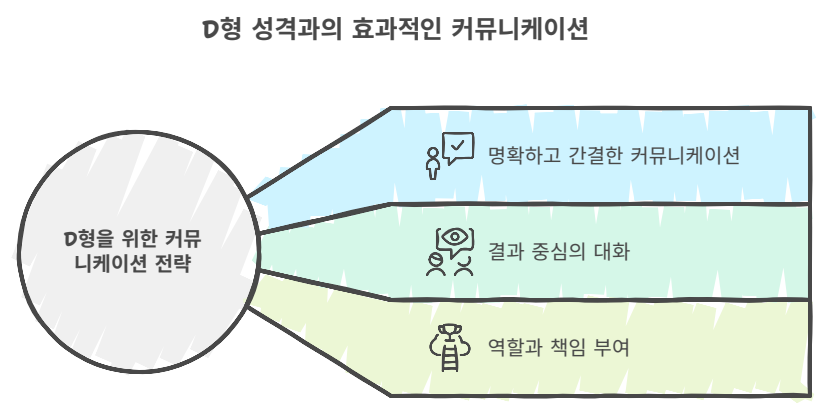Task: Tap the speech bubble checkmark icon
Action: [457, 149]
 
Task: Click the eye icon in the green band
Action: [453, 239]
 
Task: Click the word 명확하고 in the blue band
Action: [519, 157]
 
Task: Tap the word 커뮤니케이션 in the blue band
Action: [686, 157]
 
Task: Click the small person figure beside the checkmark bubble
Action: [433, 163]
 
